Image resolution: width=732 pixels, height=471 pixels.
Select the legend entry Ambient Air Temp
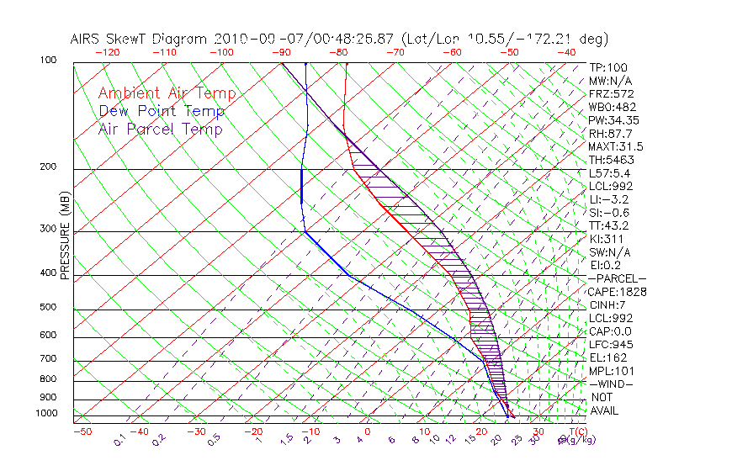[x=167, y=93]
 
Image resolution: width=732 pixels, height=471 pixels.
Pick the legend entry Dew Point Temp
[x=162, y=111]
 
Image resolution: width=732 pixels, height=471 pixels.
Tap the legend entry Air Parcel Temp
[x=160, y=129]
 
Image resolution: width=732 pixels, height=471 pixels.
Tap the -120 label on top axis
[x=109, y=52]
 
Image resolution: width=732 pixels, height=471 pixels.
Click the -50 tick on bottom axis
[x=82, y=431]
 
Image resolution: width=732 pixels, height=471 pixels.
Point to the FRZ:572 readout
[x=611, y=93]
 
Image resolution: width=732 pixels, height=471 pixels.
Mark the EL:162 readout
[x=605, y=357]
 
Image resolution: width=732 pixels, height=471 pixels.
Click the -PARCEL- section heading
[x=618, y=278]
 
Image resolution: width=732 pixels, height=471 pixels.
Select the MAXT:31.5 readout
[x=616, y=146]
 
